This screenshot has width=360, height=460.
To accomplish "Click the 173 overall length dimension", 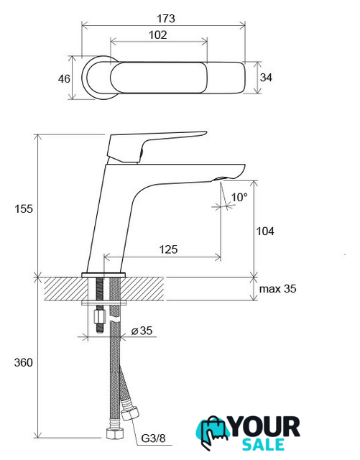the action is [166, 19].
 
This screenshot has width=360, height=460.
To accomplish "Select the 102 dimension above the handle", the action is [158, 35].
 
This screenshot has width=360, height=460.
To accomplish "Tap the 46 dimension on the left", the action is [64, 79].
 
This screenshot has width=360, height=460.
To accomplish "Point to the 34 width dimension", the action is [266, 78].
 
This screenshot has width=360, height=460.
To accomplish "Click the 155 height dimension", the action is [24, 209].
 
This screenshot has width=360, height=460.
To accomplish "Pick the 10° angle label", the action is [239, 197].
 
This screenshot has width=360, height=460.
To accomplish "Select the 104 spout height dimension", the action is [265, 231].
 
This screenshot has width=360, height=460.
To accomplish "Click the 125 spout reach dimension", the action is [169, 249].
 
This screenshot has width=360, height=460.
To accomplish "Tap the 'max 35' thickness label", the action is [277, 289].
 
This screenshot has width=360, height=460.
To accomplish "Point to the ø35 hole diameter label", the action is [142, 331].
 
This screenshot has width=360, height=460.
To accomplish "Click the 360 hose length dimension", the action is [24, 362].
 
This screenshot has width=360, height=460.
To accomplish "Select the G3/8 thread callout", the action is [153, 438].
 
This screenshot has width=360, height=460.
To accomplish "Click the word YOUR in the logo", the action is [265, 427].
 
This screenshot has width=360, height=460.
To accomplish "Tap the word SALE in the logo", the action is [263, 444].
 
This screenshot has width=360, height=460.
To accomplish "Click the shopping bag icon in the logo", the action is [213, 431].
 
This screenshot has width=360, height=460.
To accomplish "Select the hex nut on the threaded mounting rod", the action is [100, 317].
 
